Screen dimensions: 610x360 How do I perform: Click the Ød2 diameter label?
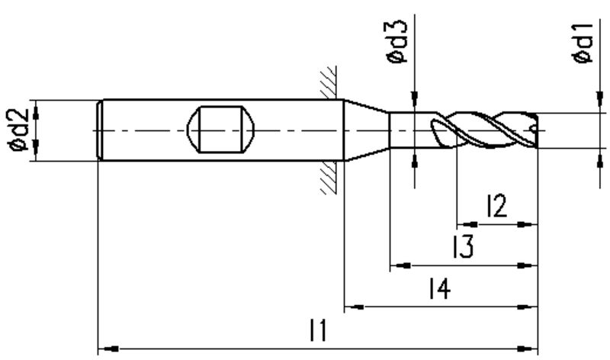(18, 130)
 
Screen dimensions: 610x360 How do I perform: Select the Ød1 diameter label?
(583, 43)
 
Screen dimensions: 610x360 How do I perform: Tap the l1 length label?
(319, 330)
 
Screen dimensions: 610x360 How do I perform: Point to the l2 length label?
(497, 206)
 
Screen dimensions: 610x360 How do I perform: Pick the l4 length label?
(440, 288)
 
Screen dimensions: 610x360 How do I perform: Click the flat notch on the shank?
(220, 130)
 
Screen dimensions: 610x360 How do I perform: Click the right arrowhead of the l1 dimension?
(527, 349)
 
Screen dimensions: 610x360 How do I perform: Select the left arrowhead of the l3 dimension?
(400, 266)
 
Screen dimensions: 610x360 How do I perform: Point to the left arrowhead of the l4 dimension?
(355, 307)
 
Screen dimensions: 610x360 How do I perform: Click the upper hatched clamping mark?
(329, 82)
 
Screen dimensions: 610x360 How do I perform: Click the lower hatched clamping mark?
(329, 178)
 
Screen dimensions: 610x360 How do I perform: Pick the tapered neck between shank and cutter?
(367, 130)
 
